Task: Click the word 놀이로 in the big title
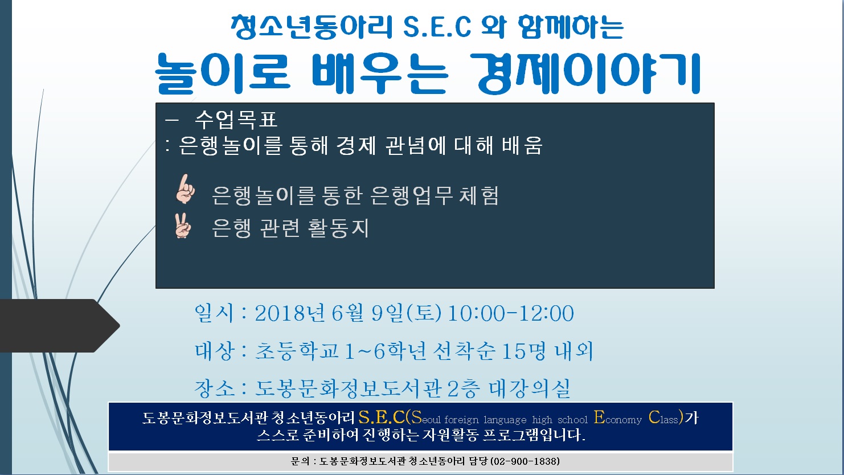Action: coord(223,73)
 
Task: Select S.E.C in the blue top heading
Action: coord(437,27)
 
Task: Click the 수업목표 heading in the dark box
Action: coord(236,120)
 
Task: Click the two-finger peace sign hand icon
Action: coord(183,226)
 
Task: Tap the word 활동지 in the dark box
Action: coord(338,228)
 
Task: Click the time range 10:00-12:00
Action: coord(511,313)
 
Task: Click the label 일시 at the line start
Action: coord(214,313)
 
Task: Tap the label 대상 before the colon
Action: coord(214,351)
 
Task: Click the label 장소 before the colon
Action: coord(214,388)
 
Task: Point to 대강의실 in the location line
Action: coord(530,388)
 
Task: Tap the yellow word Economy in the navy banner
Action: coord(617,417)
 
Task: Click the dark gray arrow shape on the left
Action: coord(60,325)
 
